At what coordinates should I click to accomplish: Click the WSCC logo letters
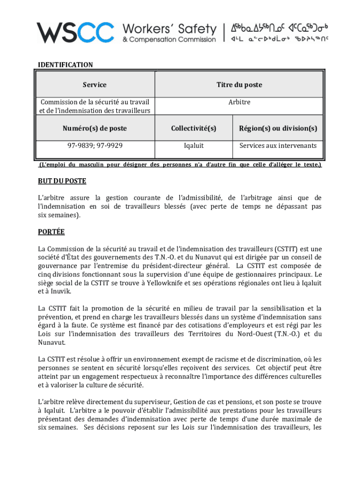coord(75,32)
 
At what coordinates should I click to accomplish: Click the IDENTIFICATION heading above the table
coord(65,65)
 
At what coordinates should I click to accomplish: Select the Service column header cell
coord(94,85)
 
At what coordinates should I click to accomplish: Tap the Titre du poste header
coord(239,85)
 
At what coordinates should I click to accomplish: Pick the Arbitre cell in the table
coord(239,102)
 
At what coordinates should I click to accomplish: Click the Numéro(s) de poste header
coord(94,128)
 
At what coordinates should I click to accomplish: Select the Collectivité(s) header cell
coord(194,128)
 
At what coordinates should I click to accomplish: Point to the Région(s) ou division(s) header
coord(278,128)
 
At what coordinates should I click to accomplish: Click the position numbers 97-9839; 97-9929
coord(94,145)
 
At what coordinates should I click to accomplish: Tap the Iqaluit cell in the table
coord(194,145)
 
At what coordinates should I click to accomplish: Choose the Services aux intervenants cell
coord(278,145)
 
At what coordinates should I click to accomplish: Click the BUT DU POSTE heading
coord(62,181)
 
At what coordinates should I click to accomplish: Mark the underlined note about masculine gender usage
coord(180,165)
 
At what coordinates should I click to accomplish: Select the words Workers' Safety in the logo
coord(169,29)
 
